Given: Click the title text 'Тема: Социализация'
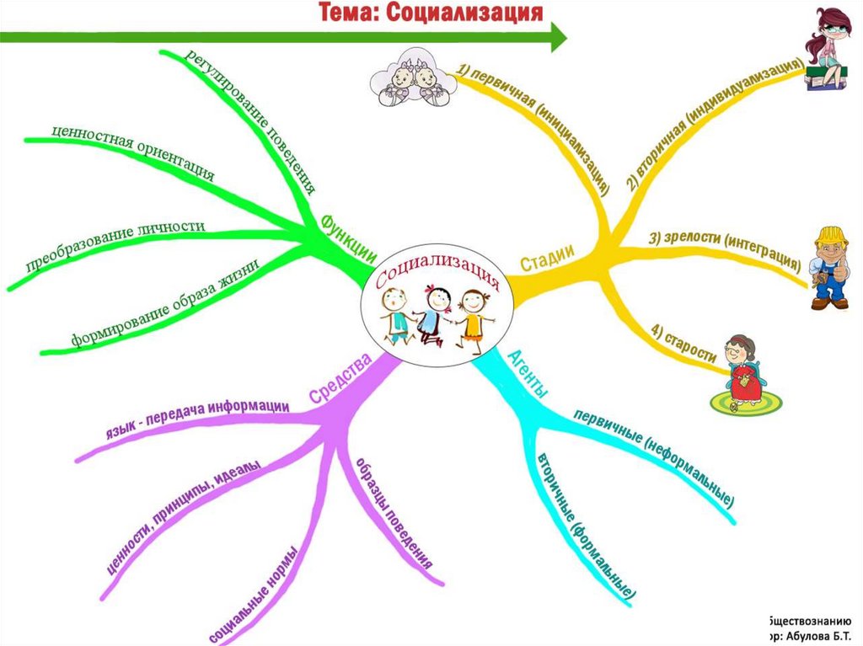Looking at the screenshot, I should [x=429, y=13].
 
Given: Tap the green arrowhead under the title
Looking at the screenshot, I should [x=558, y=36].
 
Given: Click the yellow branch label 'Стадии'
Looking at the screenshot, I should [x=547, y=259].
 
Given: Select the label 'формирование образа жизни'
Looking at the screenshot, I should [x=163, y=304].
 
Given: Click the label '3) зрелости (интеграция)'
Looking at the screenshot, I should [x=724, y=250].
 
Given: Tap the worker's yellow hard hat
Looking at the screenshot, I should [x=832, y=236].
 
